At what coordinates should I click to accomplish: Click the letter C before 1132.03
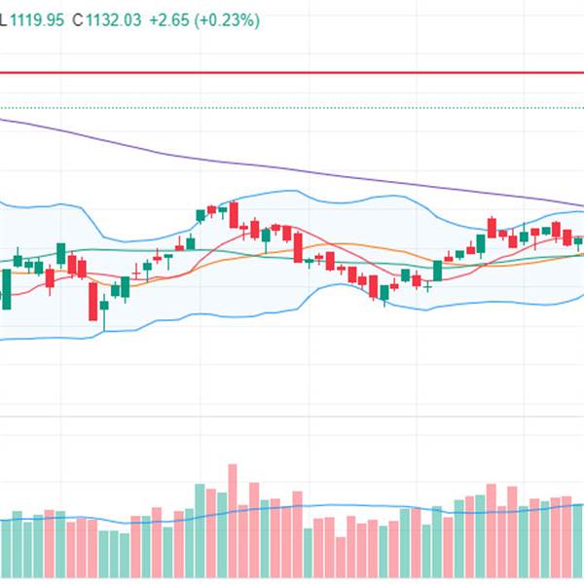coord(76,18)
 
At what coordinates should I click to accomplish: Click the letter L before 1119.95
coord(5,18)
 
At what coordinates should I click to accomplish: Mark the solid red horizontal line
coord(292,72)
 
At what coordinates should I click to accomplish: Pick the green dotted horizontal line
coord(292,108)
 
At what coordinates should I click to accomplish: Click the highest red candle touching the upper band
coord(234,213)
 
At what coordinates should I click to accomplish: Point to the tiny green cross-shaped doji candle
coord(427,284)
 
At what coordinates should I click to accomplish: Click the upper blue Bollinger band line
coord(292,192)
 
